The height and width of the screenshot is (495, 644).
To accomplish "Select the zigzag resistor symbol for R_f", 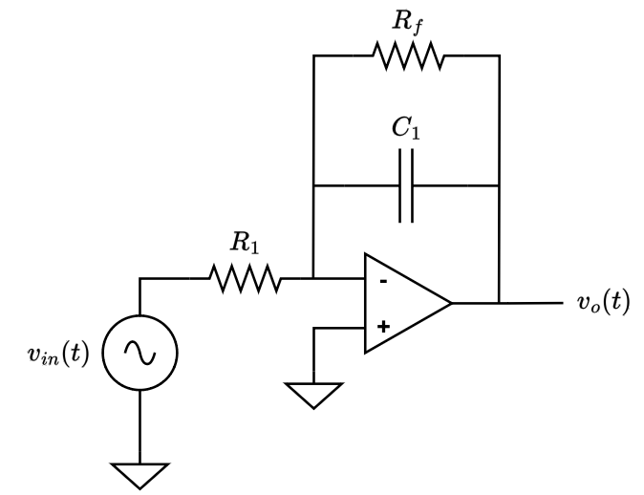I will [x=409, y=56].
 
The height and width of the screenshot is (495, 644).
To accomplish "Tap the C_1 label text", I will [x=407, y=130].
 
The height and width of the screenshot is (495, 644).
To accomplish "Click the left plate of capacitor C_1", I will [x=400, y=185].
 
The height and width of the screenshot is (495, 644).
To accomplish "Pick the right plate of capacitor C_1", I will [x=412, y=185].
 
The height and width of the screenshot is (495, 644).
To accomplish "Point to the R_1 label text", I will [x=245, y=243].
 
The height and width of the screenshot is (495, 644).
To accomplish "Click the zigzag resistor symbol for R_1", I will [x=245, y=279].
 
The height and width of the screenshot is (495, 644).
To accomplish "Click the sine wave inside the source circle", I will [x=140, y=355].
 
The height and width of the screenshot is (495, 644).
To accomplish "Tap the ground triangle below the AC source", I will [x=140, y=473].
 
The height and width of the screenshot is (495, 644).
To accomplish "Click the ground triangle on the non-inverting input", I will [x=313, y=393].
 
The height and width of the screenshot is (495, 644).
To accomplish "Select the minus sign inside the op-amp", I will [x=383, y=281].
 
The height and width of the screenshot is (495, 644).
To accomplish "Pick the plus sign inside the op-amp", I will [x=383, y=327].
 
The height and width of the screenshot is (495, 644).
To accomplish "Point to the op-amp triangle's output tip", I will [x=450, y=304].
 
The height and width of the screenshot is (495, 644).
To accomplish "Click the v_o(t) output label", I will [x=603, y=304].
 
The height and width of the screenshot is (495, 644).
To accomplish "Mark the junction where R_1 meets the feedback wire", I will [x=313, y=279].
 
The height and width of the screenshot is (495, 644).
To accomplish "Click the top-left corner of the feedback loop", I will [x=313, y=56].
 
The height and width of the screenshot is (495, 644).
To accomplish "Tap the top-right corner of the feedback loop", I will [x=499, y=56].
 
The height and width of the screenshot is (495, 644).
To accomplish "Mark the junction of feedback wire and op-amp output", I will [x=499, y=304].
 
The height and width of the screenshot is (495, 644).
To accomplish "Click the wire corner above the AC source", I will [x=140, y=279].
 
